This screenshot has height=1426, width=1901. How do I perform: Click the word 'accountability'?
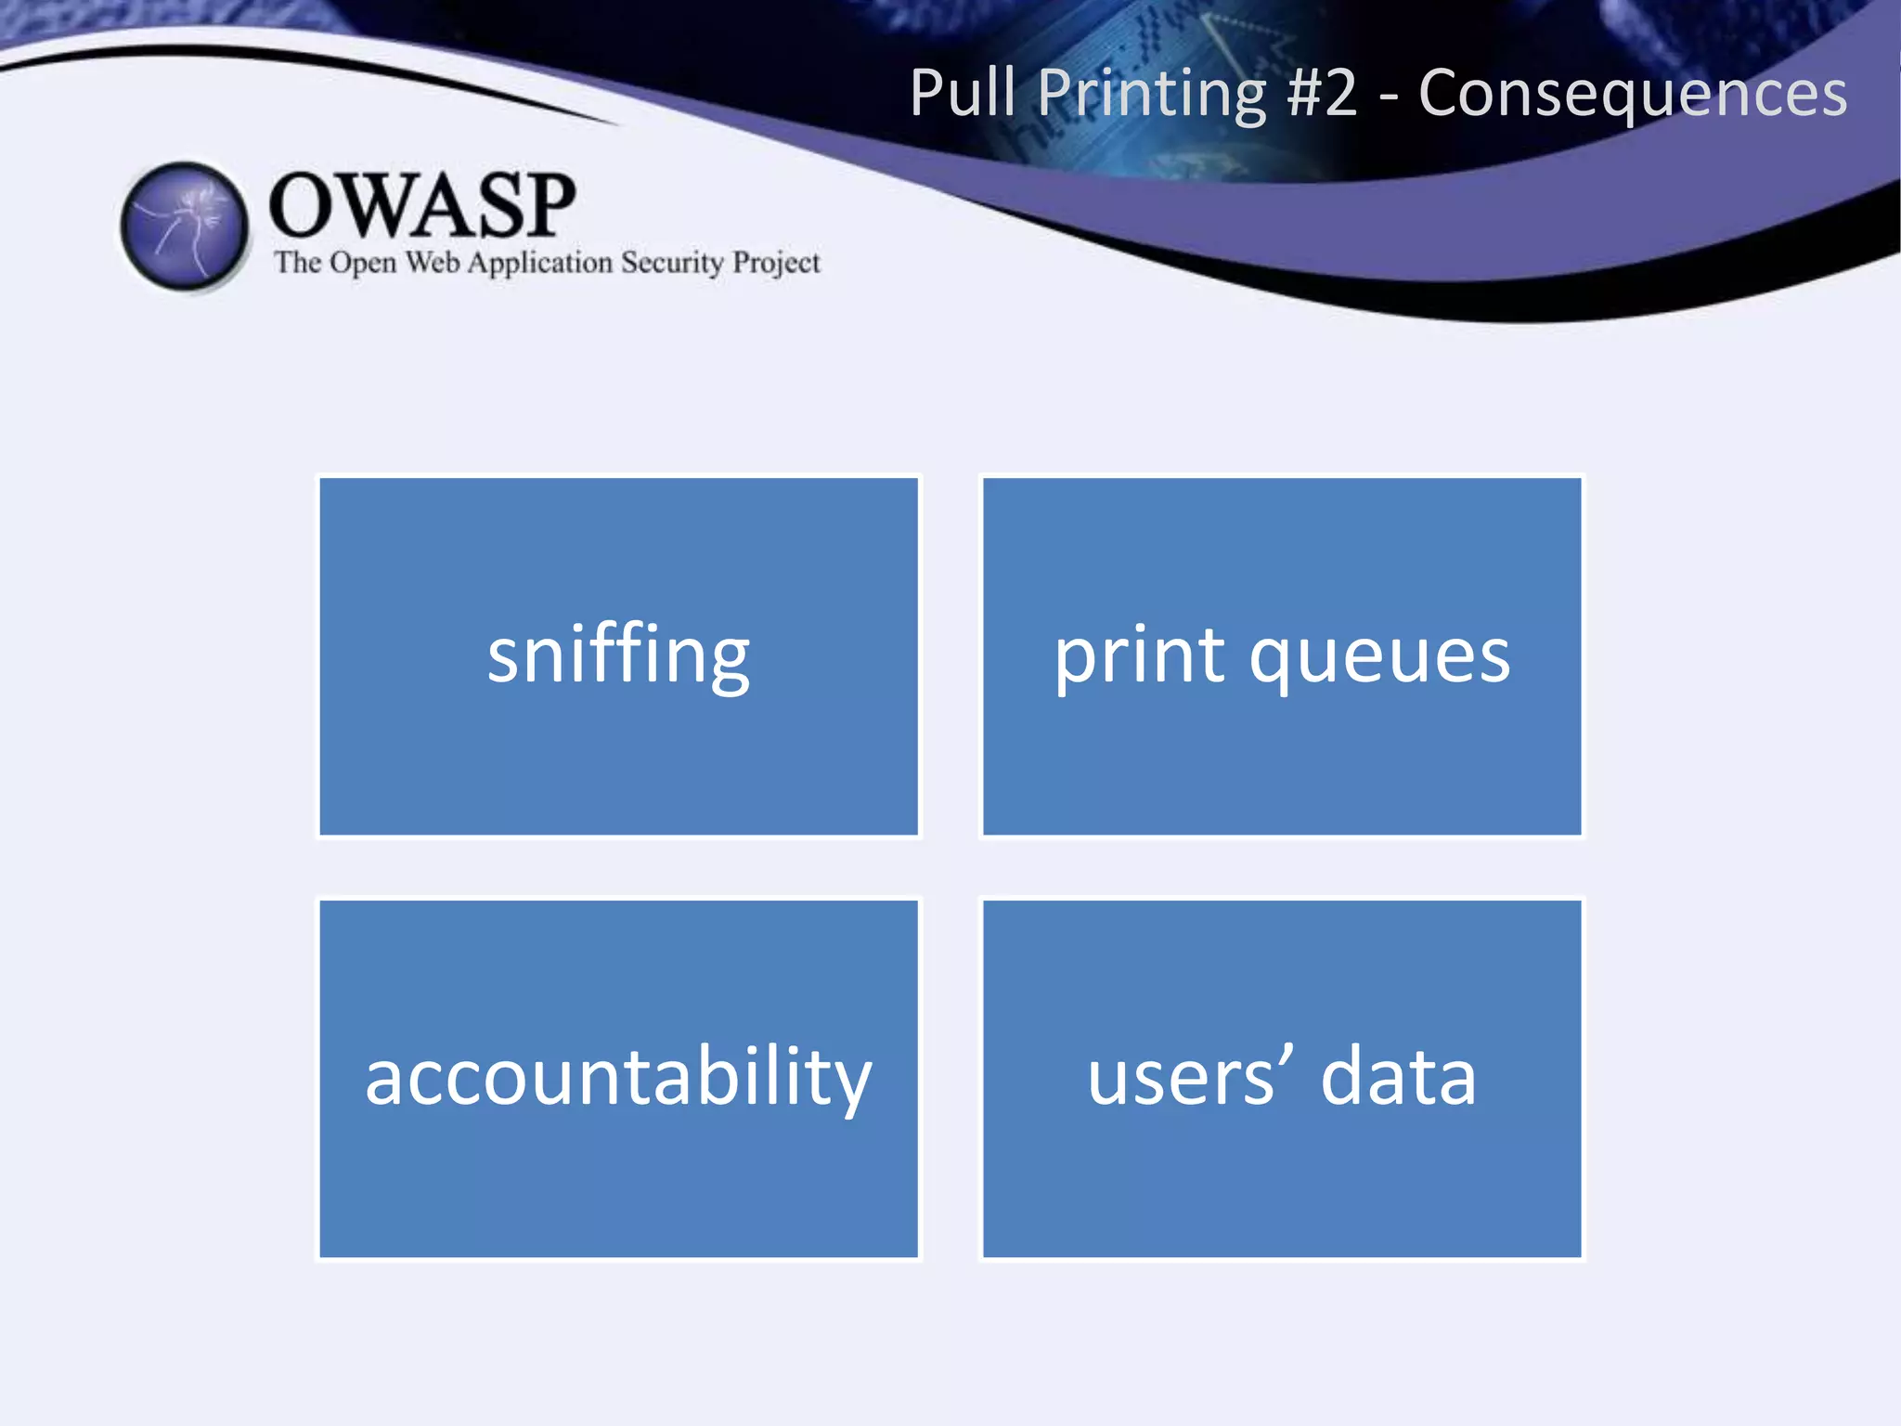click(x=618, y=1078)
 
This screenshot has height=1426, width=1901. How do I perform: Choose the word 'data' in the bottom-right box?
click(x=1398, y=1077)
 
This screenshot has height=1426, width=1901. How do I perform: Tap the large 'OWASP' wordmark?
click(x=422, y=205)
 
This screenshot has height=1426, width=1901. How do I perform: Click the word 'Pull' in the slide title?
click(x=963, y=93)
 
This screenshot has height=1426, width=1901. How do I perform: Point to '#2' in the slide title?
click(x=1323, y=93)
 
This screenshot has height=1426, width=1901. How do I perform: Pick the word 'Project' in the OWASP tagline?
click(x=776, y=264)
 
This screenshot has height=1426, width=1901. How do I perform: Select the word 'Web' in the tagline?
click(x=433, y=263)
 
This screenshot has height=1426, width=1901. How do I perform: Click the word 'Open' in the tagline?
click(x=363, y=264)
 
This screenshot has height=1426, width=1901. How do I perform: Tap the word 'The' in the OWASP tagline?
click(x=297, y=263)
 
